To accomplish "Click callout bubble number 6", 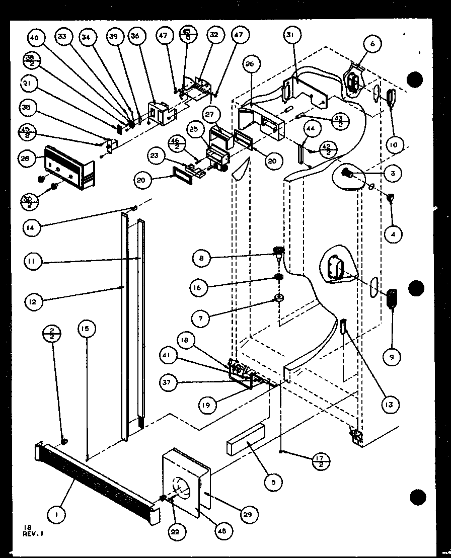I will click(372, 44).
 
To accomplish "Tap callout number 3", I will click(392, 174).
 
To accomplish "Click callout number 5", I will click(273, 483).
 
